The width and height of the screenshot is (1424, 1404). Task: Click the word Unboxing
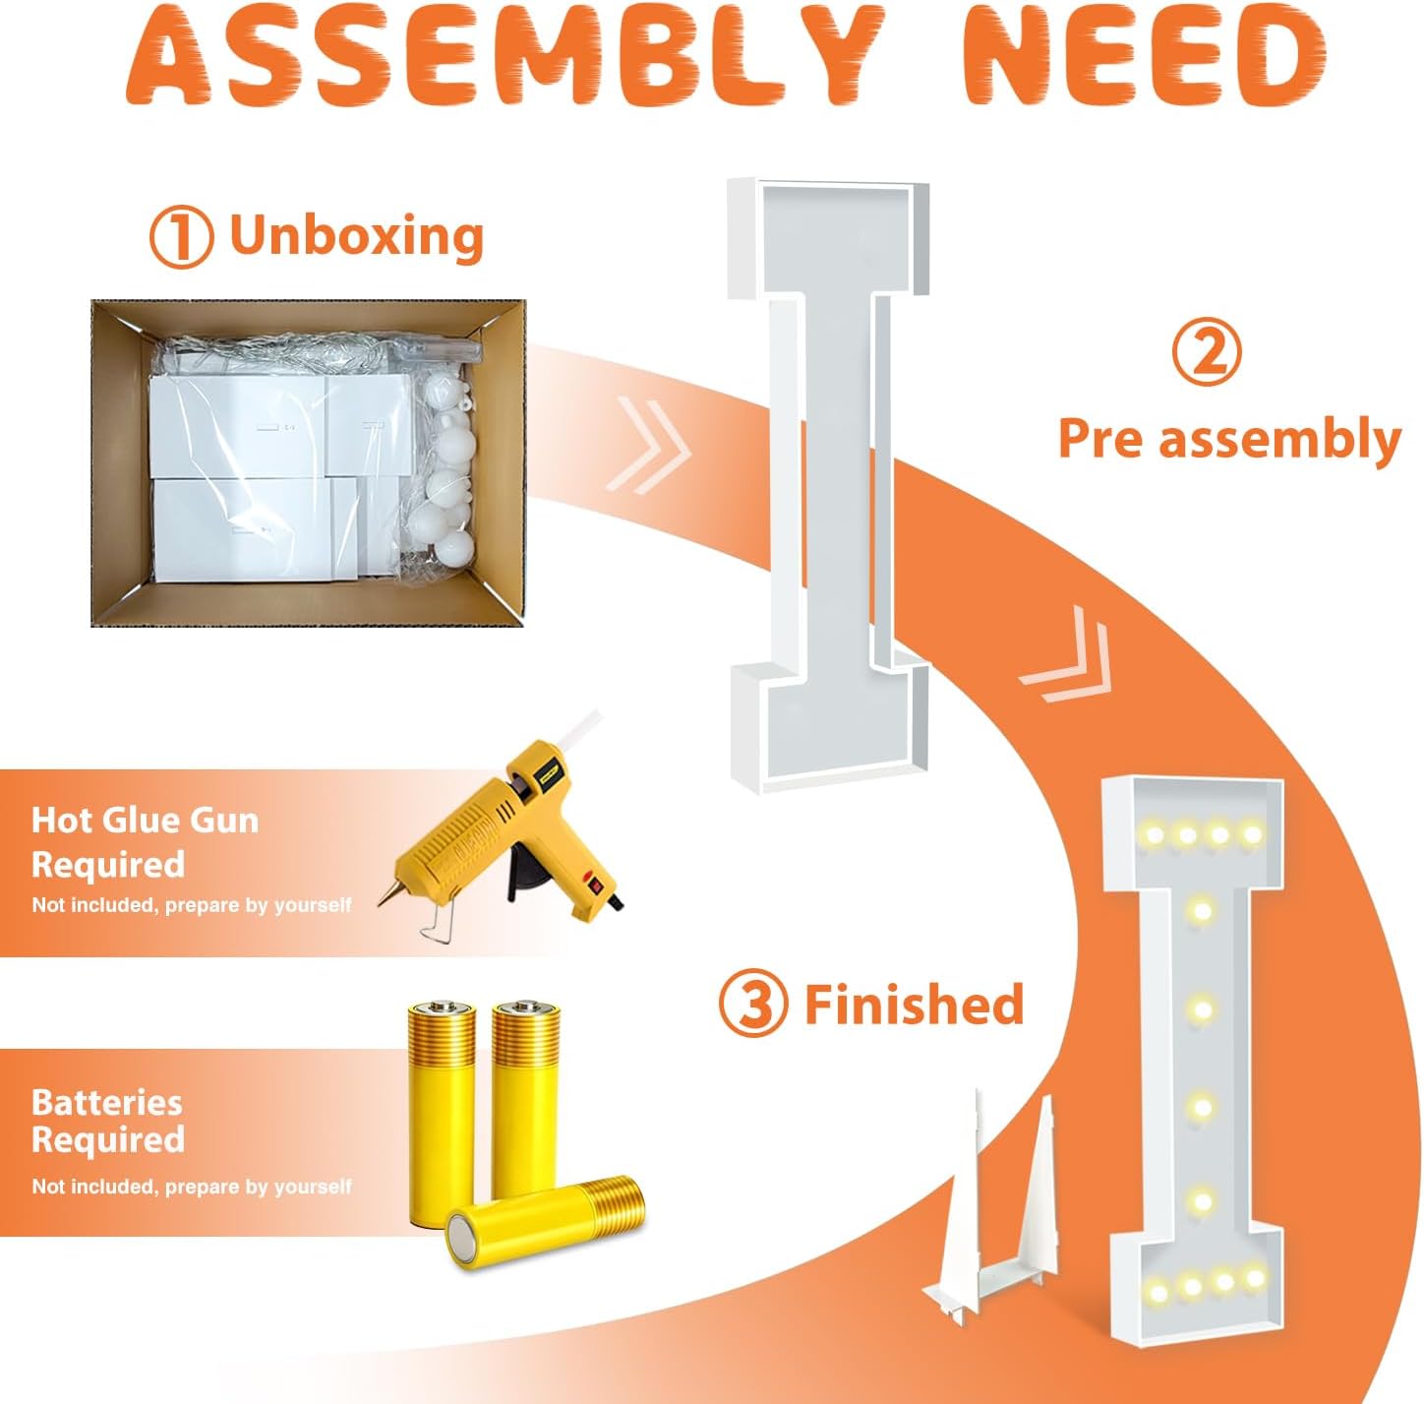(x=357, y=235)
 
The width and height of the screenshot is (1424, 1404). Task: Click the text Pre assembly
(x=1229, y=439)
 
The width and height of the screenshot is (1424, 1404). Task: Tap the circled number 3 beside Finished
(x=752, y=1005)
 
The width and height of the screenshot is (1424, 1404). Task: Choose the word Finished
(x=915, y=1004)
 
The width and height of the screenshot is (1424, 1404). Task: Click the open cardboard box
(x=308, y=462)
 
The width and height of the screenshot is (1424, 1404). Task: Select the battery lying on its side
(x=546, y=1221)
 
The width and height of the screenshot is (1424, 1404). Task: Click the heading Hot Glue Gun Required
(x=145, y=842)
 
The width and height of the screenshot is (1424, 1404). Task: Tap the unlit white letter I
(x=828, y=484)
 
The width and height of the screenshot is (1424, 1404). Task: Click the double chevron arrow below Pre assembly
(x=1066, y=653)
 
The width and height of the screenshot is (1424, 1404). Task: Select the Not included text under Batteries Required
(x=192, y=1187)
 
